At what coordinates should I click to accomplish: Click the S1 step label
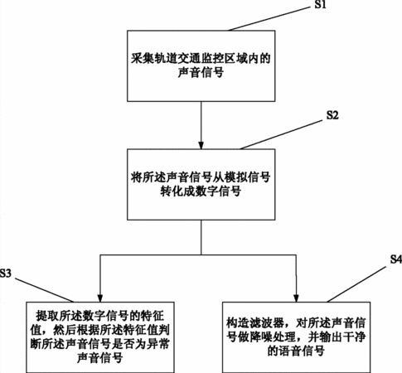pyautogui.click(x=321, y=4)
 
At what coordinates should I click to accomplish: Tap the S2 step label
pyautogui.click(x=332, y=115)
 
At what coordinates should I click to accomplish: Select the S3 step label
pyautogui.click(x=6, y=273)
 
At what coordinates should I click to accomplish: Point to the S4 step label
pyautogui.click(x=396, y=259)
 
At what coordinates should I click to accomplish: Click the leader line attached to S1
pyautogui.click(x=269, y=19)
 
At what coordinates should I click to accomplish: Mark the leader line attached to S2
pyautogui.click(x=281, y=135)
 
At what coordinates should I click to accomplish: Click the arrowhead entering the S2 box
pyautogui.click(x=201, y=145)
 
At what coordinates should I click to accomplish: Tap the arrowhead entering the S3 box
pyautogui.click(x=100, y=298)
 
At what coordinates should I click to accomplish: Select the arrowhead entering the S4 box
pyautogui.click(x=297, y=298)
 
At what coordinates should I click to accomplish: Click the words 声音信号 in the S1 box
pyautogui.click(x=201, y=73)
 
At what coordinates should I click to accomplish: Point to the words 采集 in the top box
pyautogui.click(x=142, y=59)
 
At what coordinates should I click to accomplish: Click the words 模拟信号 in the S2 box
pyautogui.click(x=248, y=177)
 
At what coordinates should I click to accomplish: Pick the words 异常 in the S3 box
pyautogui.click(x=158, y=344)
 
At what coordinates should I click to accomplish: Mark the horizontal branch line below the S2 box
pyautogui.click(x=198, y=254)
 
